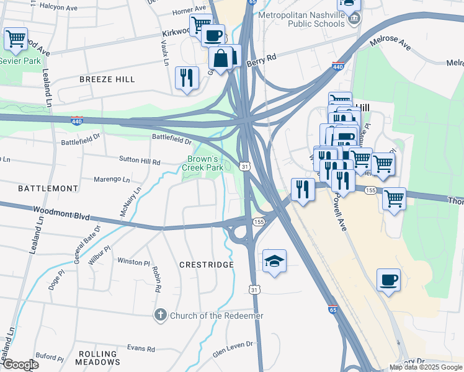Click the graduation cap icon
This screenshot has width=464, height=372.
[274, 262]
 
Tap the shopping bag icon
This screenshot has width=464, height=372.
[220, 59]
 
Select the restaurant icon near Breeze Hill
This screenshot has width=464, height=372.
[187, 78]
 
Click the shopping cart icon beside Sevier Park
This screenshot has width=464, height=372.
[16, 38]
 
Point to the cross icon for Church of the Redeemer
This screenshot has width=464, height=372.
[160, 316]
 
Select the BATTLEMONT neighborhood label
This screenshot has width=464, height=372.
[39, 187]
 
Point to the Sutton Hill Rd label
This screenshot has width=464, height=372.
[140, 160]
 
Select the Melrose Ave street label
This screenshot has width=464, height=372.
[390, 43]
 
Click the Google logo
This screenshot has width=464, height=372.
[20, 365]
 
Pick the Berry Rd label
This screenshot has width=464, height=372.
[260, 60]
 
